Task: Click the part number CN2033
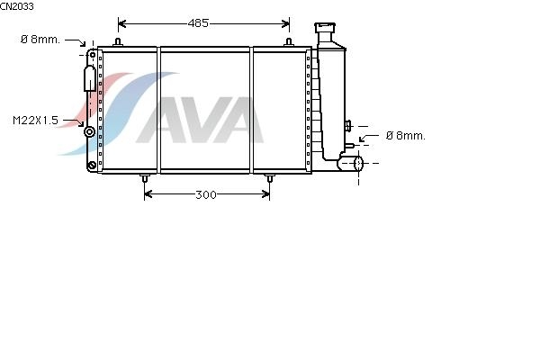click(x=17, y=6)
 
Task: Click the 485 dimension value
click(x=198, y=23)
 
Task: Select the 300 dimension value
click(x=206, y=195)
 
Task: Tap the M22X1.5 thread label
click(x=35, y=121)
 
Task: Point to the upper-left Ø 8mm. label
click(x=40, y=40)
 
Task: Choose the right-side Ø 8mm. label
click(x=406, y=136)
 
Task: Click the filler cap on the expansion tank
click(x=325, y=28)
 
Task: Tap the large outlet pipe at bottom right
click(x=351, y=163)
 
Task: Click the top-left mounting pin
click(x=118, y=42)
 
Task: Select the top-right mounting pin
click(x=289, y=42)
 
